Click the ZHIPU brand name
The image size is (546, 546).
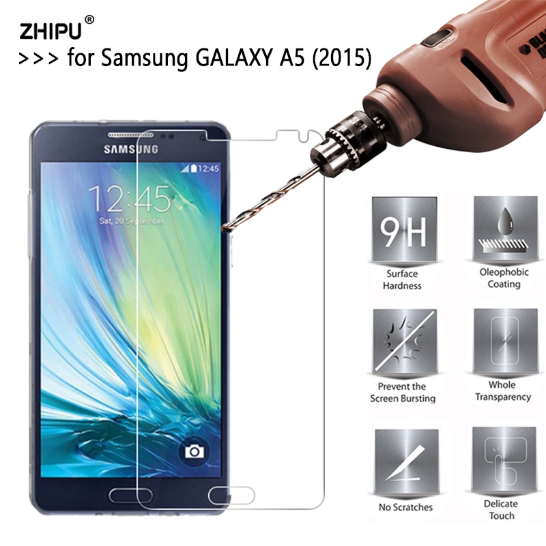click(51, 31)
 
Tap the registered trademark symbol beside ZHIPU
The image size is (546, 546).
click(89, 20)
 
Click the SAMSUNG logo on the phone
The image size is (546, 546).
click(131, 149)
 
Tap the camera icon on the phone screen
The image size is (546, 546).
click(195, 452)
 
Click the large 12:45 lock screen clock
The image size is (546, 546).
click(130, 199)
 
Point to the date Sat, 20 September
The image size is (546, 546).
click(131, 221)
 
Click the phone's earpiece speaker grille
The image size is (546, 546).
click(126, 134)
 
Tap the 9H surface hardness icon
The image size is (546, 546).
click(404, 230)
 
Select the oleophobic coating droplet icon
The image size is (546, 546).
click(504, 229)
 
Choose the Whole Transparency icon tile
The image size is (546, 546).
click(505, 341)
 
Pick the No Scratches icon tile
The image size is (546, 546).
click(406, 462)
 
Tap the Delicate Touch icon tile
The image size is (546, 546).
click(504, 459)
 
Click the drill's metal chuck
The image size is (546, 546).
click(338, 139)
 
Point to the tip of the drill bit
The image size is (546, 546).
click(222, 229)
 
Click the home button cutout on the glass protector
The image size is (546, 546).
click(231, 495)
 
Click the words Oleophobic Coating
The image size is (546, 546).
click(504, 278)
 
